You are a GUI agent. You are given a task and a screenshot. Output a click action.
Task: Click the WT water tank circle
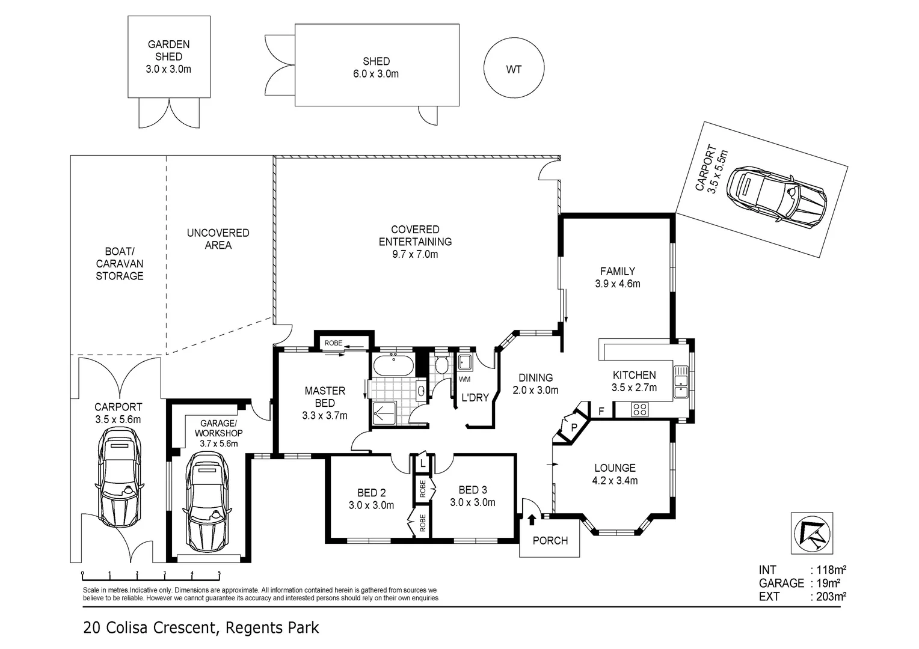(x=514, y=69)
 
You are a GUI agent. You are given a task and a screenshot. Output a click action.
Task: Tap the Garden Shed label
(x=168, y=50)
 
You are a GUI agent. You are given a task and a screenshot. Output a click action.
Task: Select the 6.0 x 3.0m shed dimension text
(x=376, y=74)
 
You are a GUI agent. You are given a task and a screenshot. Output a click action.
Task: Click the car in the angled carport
(x=776, y=194)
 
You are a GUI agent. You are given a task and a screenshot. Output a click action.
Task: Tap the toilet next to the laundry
(x=442, y=365)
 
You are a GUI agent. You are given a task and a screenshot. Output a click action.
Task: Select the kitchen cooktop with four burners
(x=640, y=410)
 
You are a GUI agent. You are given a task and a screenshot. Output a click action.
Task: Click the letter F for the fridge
(x=600, y=412)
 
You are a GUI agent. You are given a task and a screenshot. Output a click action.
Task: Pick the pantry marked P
(x=574, y=427)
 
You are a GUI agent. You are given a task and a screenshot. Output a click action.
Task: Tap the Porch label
(x=550, y=541)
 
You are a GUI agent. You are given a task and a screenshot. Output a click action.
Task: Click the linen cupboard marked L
(x=423, y=465)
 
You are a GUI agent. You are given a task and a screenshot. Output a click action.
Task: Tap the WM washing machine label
(x=464, y=380)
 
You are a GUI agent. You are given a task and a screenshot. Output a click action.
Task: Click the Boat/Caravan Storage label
(x=120, y=263)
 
